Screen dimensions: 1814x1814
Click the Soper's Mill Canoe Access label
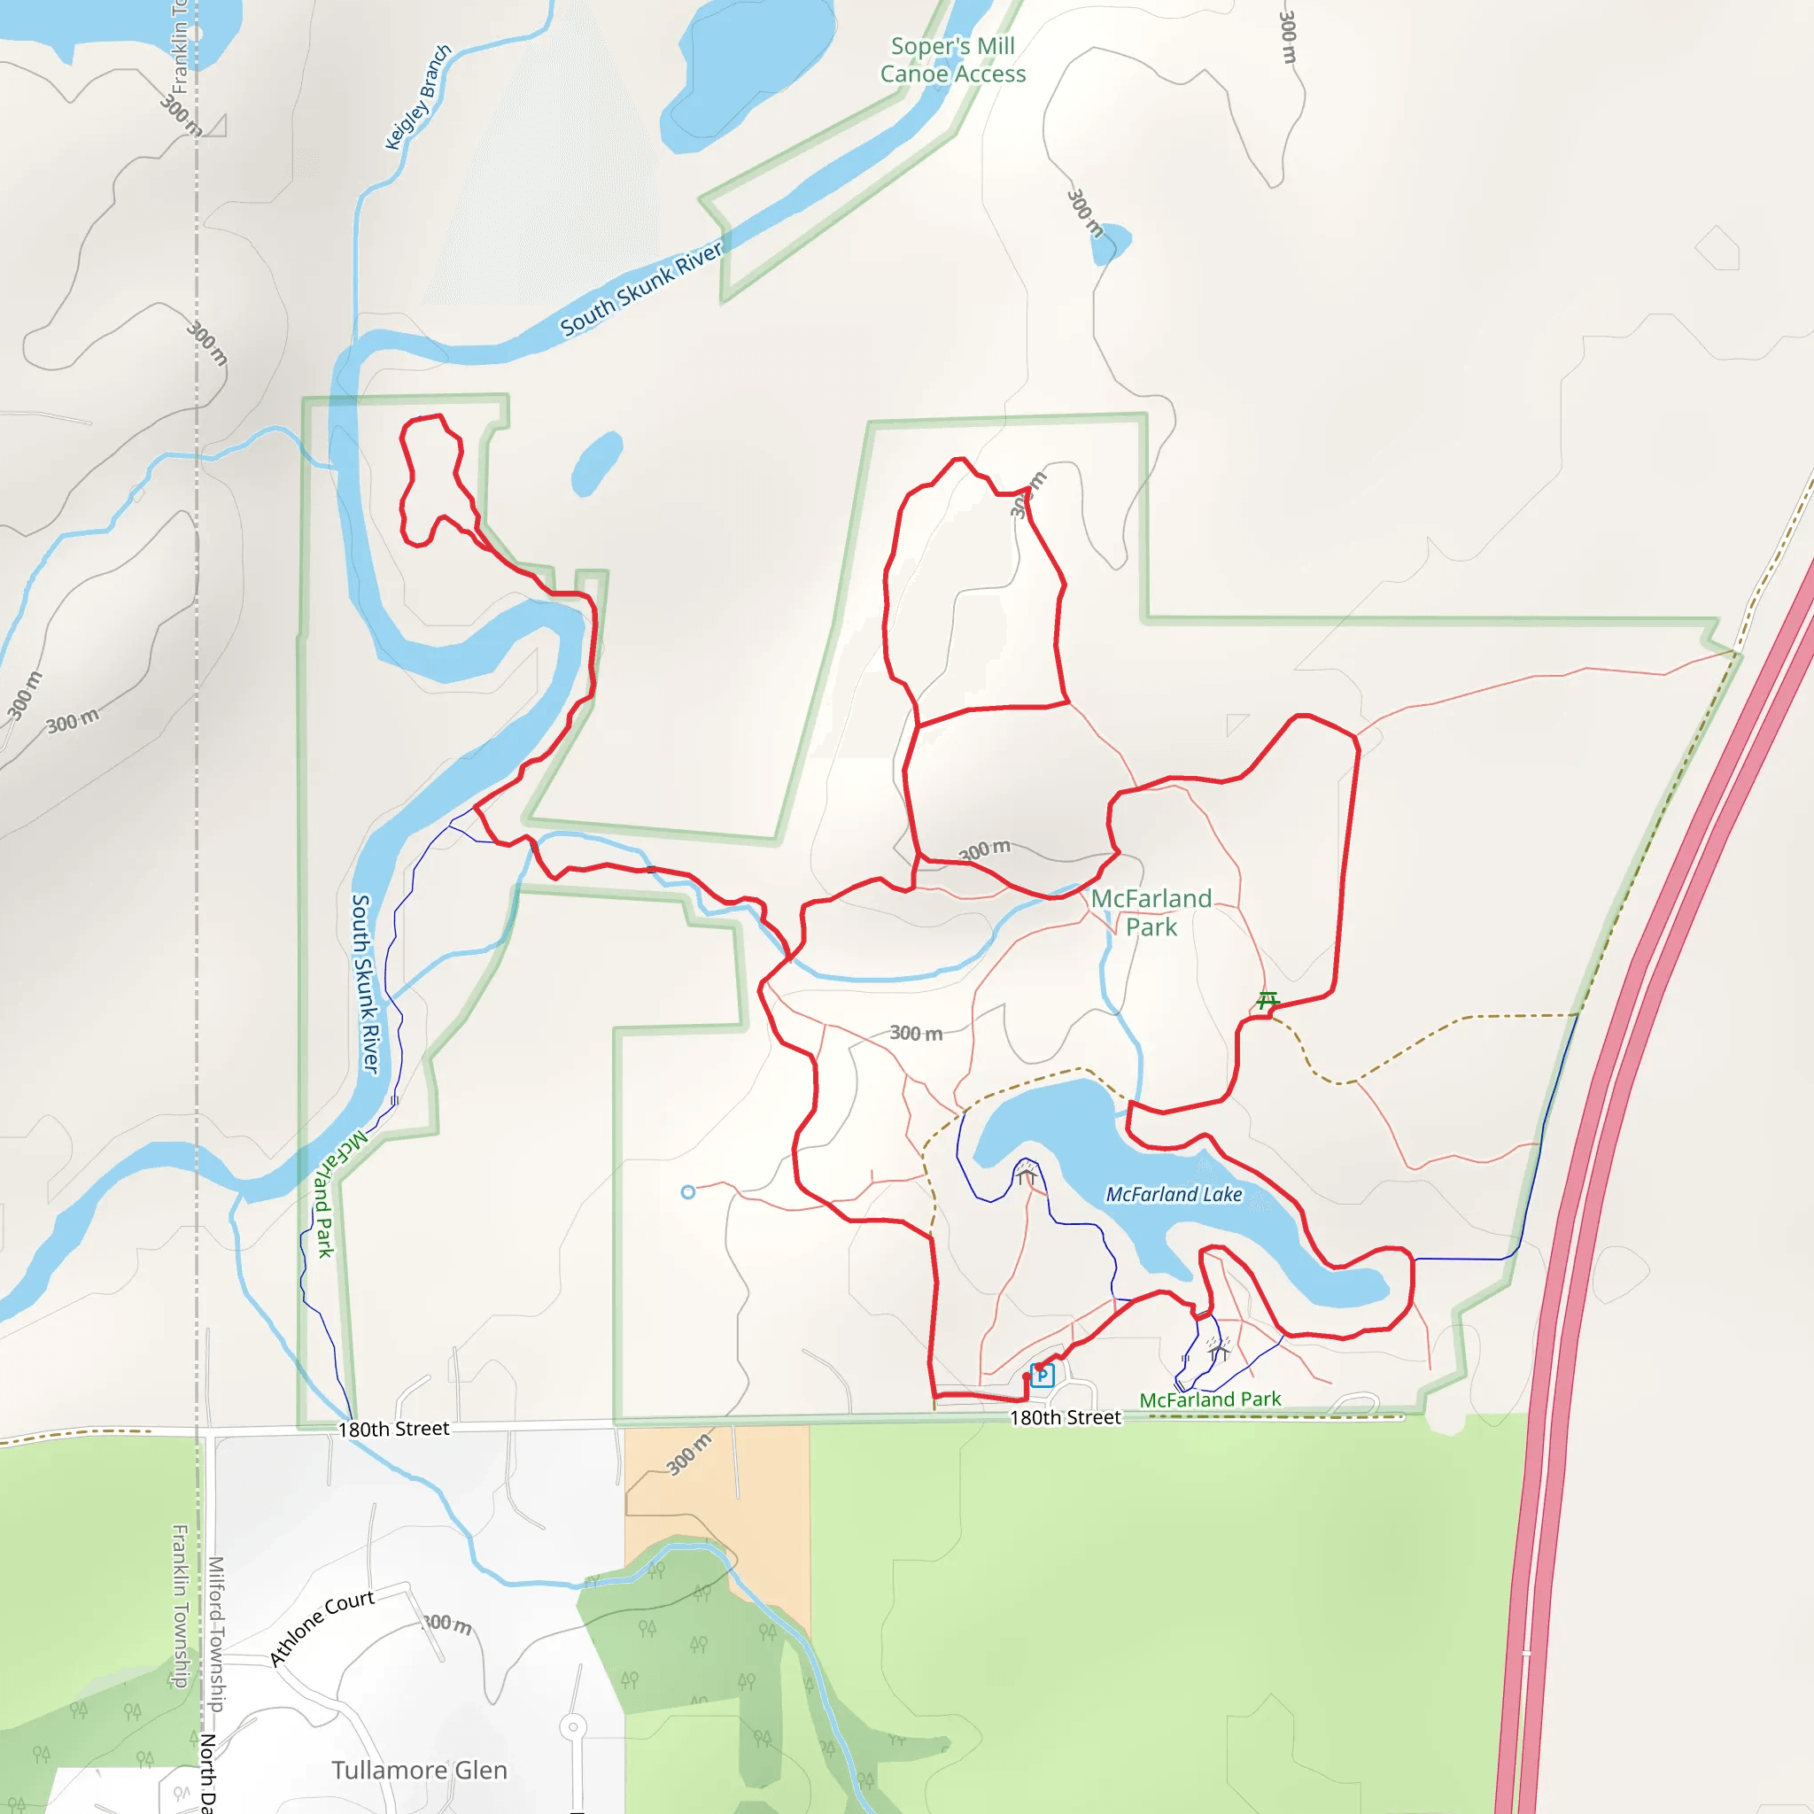pyautogui.click(x=952, y=60)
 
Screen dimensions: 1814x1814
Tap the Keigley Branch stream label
pyautogui.click(x=418, y=97)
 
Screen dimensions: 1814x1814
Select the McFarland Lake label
pyautogui.click(x=1174, y=1194)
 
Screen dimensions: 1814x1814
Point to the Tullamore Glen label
pyautogui.click(x=419, y=1770)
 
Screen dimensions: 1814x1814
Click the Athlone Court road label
pyautogui.click(x=322, y=1628)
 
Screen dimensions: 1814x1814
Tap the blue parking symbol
pyautogui.click(x=1043, y=1376)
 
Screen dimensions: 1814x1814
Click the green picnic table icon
pyautogui.click(x=1267, y=1000)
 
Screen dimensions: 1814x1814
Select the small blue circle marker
pyautogui.click(x=688, y=1192)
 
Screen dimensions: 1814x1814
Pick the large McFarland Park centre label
pyautogui.click(x=1151, y=911)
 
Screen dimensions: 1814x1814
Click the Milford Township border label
pyautogui.click(x=216, y=1633)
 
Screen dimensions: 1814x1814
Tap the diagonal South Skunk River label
pyautogui.click(x=641, y=287)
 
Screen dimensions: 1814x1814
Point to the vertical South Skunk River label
pyautogui.click(x=364, y=983)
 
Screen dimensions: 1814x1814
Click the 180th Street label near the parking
pyautogui.click(x=1065, y=1418)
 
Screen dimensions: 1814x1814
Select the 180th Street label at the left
pyautogui.click(x=393, y=1429)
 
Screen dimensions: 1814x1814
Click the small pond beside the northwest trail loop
pyautogui.click(x=596, y=463)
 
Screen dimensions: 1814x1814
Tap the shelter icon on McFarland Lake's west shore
pyautogui.click(x=1027, y=1174)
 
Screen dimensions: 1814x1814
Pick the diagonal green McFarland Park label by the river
pyautogui.click(x=333, y=1192)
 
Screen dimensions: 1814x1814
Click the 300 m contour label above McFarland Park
pyautogui.click(x=984, y=849)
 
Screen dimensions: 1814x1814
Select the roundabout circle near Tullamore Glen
pyautogui.click(x=573, y=1726)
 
